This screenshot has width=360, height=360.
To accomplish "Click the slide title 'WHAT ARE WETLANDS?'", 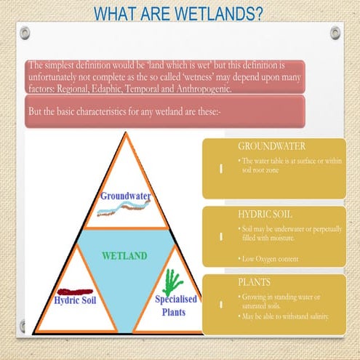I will click(x=180, y=15).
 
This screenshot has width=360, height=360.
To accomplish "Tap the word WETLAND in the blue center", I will click(x=124, y=256).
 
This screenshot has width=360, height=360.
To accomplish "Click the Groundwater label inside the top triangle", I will click(x=126, y=196).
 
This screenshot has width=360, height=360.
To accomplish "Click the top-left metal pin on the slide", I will click(x=25, y=33).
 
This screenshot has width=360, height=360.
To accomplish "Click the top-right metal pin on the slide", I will click(x=336, y=33).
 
